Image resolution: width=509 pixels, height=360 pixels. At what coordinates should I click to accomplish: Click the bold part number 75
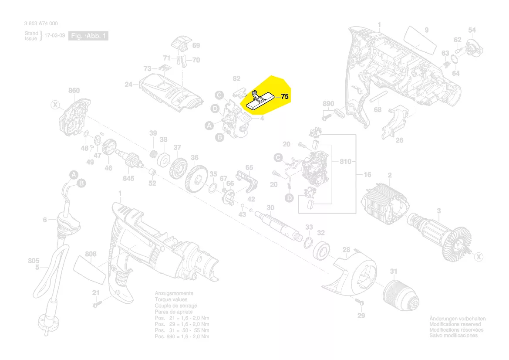point(285,97)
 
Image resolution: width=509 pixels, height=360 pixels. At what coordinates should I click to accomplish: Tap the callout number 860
point(74,91)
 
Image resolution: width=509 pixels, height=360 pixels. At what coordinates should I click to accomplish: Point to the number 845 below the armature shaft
point(128,178)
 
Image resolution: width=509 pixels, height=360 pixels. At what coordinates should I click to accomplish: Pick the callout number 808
point(91,254)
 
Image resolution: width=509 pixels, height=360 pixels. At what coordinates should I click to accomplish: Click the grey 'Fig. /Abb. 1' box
point(88,36)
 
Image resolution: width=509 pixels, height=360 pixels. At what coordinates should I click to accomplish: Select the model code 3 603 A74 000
point(41,24)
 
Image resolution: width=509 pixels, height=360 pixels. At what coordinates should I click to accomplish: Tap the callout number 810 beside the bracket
point(345,162)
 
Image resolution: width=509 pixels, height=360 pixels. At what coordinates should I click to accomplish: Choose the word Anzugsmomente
point(174,294)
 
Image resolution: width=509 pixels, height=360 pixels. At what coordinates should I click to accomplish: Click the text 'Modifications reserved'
point(455,324)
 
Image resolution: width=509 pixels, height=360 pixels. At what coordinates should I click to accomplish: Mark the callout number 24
point(128,85)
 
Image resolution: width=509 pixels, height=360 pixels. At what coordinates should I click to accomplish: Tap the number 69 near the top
point(196,45)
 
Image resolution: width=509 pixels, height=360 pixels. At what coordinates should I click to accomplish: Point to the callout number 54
point(472,30)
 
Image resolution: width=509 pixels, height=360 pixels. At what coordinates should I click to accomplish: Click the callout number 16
point(367,175)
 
